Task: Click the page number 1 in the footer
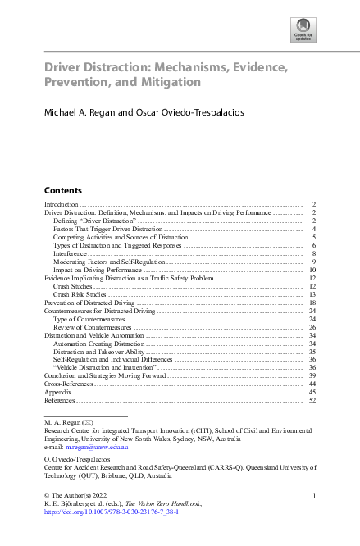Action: click(314, 494)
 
